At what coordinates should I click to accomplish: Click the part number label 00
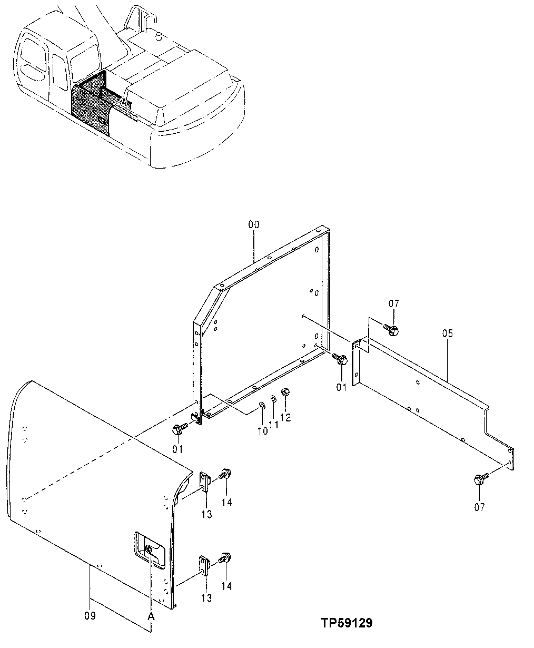click(254, 224)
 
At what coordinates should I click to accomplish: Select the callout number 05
click(448, 333)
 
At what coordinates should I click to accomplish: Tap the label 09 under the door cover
click(90, 615)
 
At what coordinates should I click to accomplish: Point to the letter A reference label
click(151, 616)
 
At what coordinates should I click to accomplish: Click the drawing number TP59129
click(347, 623)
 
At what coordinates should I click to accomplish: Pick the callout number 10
click(262, 431)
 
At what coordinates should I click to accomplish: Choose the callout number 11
click(274, 424)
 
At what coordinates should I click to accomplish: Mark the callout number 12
click(285, 417)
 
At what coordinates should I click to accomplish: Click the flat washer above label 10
click(262, 406)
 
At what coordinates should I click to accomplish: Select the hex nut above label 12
click(285, 392)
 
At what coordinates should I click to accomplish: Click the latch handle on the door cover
click(150, 548)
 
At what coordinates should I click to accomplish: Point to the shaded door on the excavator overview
click(92, 105)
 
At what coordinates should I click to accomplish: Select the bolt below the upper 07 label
click(392, 330)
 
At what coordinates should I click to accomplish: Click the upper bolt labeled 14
click(225, 474)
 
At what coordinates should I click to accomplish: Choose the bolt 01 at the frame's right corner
click(341, 360)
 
